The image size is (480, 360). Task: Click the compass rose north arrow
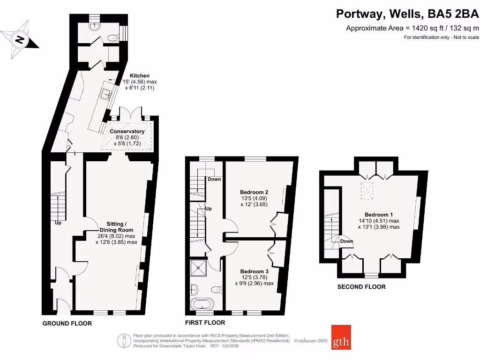tap(19, 39)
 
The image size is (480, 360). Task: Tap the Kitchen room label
tap(140, 75)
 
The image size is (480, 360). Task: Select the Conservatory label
tap(127, 131)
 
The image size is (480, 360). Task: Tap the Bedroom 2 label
tap(254, 192)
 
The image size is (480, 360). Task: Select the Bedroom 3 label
tap(254, 271)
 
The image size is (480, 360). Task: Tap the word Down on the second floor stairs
tap(346, 241)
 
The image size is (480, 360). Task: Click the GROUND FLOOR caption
tap(67, 323)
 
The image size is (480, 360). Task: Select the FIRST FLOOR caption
tap(205, 322)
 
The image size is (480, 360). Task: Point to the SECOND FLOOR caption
tap(361, 287)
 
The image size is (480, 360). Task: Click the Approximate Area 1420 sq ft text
tap(412, 28)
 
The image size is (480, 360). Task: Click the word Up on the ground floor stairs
tap(58, 223)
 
